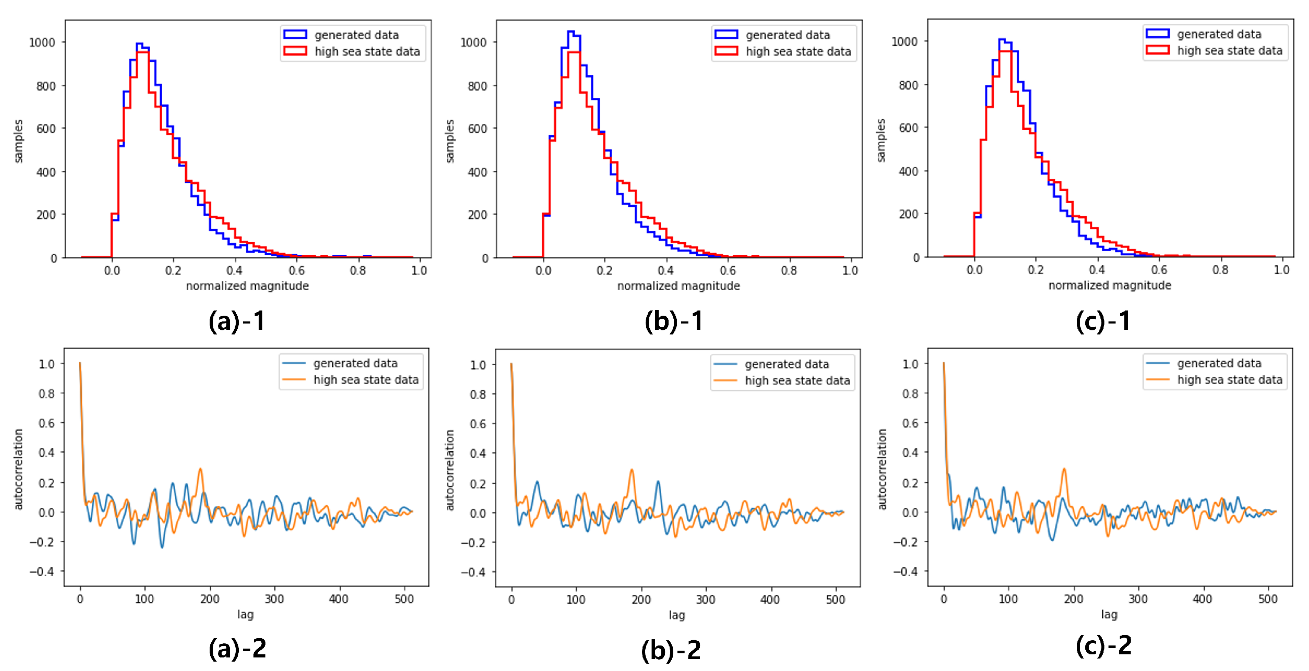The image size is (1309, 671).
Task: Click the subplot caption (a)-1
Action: coord(237,321)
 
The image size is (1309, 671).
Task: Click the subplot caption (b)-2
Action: coord(671,650)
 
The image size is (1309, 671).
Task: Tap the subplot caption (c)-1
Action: coord(1104,321)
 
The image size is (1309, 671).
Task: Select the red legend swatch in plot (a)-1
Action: coord(295,51)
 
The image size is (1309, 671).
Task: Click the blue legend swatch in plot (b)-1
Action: coord(726,34)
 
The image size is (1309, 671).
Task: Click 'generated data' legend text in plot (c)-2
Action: coord(1219,363)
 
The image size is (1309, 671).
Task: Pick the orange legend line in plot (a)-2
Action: coord(294,380)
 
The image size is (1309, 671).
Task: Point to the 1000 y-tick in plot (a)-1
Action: coord(42,42)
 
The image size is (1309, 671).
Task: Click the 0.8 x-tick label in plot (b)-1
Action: coord(789,270)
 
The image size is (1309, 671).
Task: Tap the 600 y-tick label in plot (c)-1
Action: coord(908,128)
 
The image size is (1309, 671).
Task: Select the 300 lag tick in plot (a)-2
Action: coord(274,599)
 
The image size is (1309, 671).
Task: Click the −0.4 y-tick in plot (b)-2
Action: coord(473,572)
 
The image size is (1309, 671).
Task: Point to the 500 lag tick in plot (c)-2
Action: coord(1267,599)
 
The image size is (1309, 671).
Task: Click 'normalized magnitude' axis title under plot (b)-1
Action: coord(678,286)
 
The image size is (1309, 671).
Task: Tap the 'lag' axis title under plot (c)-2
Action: coord(1109,614)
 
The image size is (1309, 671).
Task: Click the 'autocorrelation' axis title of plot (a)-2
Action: coord(19,469)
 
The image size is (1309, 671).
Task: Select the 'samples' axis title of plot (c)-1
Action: coord(881,141)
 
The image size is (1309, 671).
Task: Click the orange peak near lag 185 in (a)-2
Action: coord(200,469)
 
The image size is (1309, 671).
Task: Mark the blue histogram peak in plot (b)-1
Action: coord(571,32)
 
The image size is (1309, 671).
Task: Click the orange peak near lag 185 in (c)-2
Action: coord(1064,469)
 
